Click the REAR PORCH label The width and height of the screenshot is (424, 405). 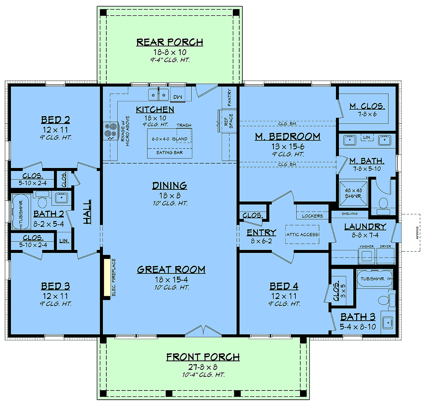[170, 42]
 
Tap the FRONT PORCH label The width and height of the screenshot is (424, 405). [203, 357]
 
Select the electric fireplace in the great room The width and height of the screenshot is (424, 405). [107, 278]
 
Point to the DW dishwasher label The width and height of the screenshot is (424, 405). [178, 97]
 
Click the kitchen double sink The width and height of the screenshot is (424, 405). [158, 95]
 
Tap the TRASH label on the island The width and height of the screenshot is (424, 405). [184, 125]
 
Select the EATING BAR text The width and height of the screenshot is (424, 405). [170, 153]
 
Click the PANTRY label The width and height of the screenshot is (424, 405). [229, 97]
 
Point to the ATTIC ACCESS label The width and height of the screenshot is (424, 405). [302, 234]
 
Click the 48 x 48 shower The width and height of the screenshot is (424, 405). [353, 193]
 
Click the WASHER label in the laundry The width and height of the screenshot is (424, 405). [367, 246]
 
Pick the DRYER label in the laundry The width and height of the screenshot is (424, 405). [385, 246]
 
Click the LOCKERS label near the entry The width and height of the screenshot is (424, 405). [312, 216]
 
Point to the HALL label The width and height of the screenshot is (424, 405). [87, 212]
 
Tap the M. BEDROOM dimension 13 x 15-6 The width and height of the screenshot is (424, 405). [288, 147]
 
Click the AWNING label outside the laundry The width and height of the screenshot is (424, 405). [417, 233]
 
